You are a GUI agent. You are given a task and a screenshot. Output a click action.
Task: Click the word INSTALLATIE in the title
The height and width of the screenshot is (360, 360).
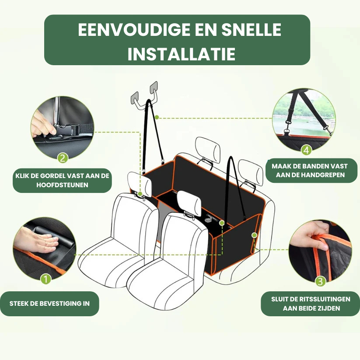pyautogui.click(x=182, y=54)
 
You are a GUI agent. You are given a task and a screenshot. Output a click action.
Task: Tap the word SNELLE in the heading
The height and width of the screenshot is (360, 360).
pyautogui.click(x=251, y=30)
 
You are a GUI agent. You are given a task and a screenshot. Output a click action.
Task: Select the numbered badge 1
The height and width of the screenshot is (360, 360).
pyautogui.click(x=45, y=279)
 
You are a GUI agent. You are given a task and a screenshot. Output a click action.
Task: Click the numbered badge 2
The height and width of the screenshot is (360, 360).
pyautogui.click(x=63, y=158)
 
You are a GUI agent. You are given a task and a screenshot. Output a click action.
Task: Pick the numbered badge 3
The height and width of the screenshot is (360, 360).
pyautogui.click(x=321, y=281)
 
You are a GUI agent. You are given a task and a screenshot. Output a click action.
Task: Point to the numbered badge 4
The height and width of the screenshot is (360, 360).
pyautogui.click(x=306, y=150)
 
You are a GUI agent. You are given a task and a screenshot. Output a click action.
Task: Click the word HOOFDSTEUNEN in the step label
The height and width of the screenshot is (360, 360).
pyautogui.click(x=62, y=185)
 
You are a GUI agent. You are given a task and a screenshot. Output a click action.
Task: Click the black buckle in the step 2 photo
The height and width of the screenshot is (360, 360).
pyautogui.click(x=65, y=130)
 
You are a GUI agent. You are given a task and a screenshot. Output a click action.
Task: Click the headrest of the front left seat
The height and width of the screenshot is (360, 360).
pyautogui.click(x=140, y=184)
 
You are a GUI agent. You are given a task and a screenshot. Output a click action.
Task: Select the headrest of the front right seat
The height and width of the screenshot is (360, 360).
pyautogui.click(x=189, y=203)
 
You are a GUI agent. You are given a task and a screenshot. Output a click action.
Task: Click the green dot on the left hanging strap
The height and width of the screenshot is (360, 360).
pyautogui.click(x=157, y=117)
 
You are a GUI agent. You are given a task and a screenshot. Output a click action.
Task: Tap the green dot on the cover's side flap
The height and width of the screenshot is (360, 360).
pyautogui.click(x=254, y=235)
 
